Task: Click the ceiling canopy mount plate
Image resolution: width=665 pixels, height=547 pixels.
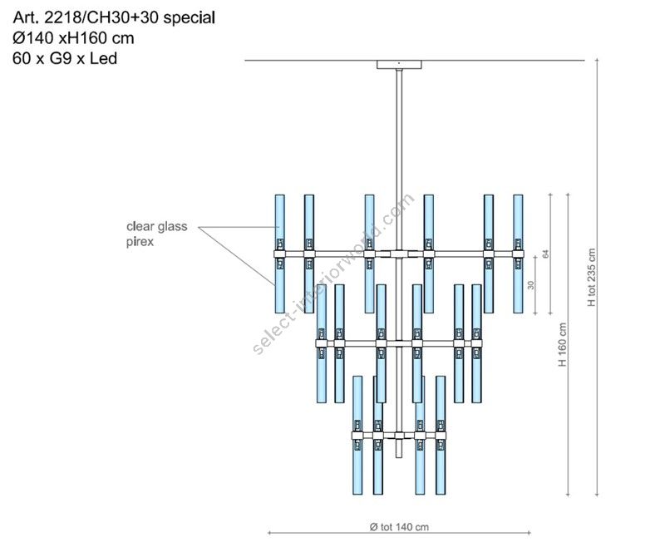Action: coord(399,65)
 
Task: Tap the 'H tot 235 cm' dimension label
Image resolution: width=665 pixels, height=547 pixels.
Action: coord(592,278)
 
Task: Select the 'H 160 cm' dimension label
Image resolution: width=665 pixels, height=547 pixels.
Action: coord(563,345)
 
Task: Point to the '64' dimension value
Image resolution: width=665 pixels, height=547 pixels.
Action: coord(546,254)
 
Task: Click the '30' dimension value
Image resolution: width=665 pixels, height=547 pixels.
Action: coord(531,285)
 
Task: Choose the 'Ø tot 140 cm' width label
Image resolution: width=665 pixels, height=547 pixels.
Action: coord(399,527)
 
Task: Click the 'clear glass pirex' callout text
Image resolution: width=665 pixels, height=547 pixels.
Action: coord(156,234)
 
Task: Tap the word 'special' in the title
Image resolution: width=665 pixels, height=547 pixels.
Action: coord(190,17)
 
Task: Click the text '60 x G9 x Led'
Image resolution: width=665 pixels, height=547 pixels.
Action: coord(65,58)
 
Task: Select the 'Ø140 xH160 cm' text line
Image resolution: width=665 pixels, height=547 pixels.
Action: coord(73,38)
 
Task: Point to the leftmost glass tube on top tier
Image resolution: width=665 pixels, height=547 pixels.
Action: coord(280,254)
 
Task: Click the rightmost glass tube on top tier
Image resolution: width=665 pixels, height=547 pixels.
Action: coord(518,254)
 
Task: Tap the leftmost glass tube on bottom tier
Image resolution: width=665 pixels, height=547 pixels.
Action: coord(357,435)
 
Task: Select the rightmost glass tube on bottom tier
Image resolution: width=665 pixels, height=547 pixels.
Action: coord(441,435)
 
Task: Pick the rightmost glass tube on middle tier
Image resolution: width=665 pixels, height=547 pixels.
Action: coord(476,343)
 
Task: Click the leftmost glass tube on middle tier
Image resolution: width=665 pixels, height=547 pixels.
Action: coord(322,343)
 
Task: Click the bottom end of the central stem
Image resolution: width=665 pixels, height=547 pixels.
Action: coord(399,457)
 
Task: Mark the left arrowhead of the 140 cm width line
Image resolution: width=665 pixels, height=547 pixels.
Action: coord(269,533)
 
